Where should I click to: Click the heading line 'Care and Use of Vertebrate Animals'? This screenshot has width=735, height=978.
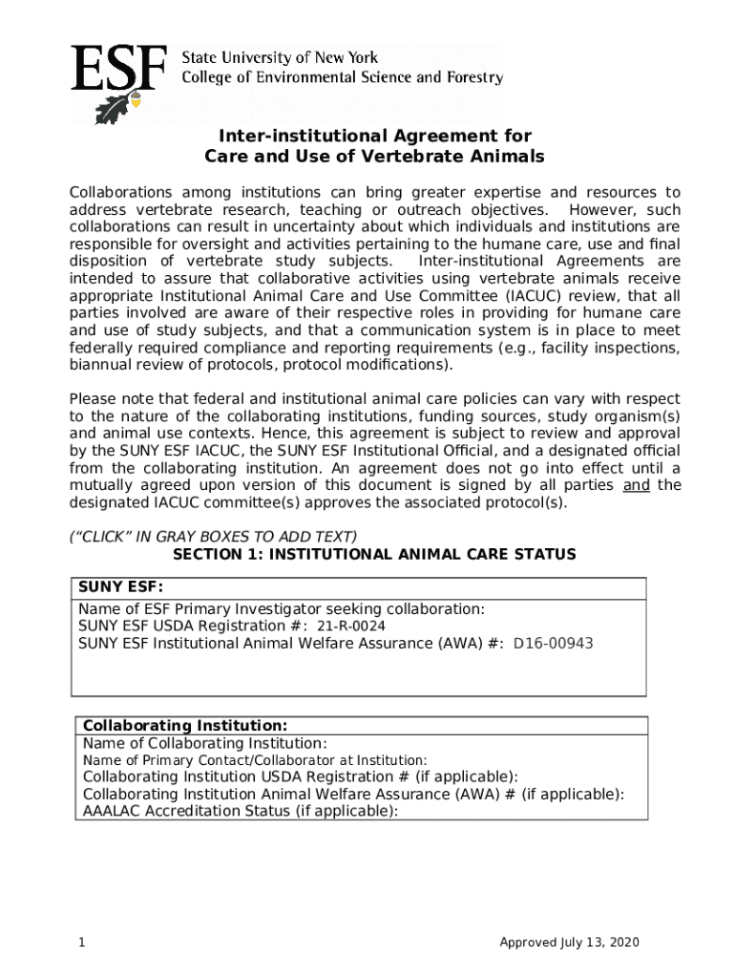point(374,157)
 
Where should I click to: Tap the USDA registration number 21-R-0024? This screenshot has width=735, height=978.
point(351,627)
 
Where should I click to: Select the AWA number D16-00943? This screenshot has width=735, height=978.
point(554,644)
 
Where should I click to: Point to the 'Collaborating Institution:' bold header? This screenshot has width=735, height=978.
point(185,726)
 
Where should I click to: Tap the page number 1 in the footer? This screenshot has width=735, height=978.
point(83,944)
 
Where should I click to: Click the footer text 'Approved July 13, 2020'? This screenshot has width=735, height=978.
point(569,944)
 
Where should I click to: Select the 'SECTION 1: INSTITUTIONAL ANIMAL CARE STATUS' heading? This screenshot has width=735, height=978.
point(374,555)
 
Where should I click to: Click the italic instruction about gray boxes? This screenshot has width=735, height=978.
point(213,537)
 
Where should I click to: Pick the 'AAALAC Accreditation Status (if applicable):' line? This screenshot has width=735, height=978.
point(241,811)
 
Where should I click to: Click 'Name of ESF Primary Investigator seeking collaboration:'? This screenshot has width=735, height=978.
point(282,609)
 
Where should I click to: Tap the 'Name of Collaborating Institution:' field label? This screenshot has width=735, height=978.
point(205,743)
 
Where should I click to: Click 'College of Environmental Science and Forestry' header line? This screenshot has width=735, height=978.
point(343,78)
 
